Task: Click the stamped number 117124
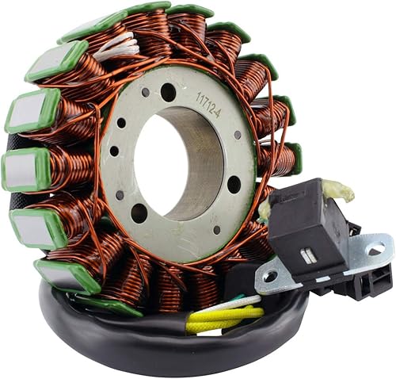(208, 103)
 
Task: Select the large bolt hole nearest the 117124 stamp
(169, 92)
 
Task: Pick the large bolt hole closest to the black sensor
(234, 184)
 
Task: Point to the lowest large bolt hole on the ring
(139, 212)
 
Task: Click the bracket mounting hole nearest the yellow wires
(270, 277)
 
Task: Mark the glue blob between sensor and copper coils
(265, 209)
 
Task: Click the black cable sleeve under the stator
(119, 333)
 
